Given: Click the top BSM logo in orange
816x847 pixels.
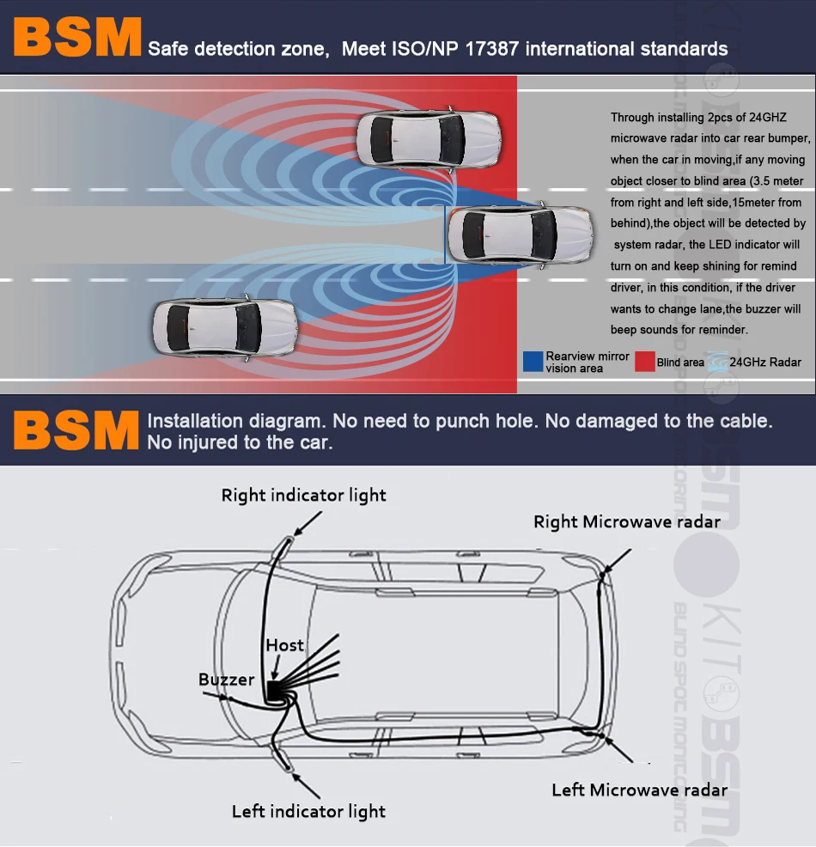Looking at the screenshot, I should pyautogui.click(x=76, y=38).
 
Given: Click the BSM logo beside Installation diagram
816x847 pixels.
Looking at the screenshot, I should pyautogui.click(x=76, y=431).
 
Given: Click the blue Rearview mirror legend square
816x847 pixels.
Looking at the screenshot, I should pyautogui.click(x=533, y=362).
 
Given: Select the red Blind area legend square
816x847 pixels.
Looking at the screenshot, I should pyautogui.click(x=645, y=362).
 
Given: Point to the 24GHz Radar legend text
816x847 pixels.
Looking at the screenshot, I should pyautogui.click(x=764, y=363).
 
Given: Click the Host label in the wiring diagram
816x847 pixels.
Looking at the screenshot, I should pyautogui.click(x=284, y=645).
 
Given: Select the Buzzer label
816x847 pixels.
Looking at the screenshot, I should pyautogui.click(x=227, y=679).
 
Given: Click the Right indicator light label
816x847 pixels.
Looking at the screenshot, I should pyautogui.click(x=303, y=496).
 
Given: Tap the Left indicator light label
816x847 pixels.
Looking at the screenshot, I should pyautogui.click(x=308, y=812).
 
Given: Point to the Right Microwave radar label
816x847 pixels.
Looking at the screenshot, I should pyautogui.click(x=626, y=521).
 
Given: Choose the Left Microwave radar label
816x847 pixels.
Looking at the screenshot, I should pyautogui.click(x=639, y=790).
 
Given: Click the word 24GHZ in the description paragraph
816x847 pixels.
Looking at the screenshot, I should pyautogui.click(x=766, y=117).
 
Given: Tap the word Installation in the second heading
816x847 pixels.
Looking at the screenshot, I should pyautogui.click(x=195, y=422).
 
